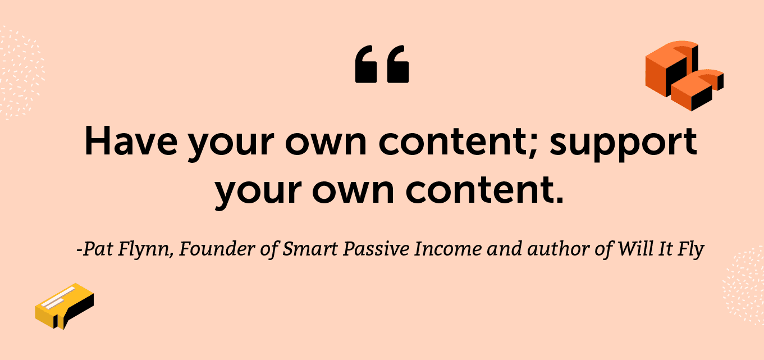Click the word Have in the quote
coord(131,142)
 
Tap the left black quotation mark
coord(366,64)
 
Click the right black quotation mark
coord(397,64)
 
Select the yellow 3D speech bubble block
coord(65,306)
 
